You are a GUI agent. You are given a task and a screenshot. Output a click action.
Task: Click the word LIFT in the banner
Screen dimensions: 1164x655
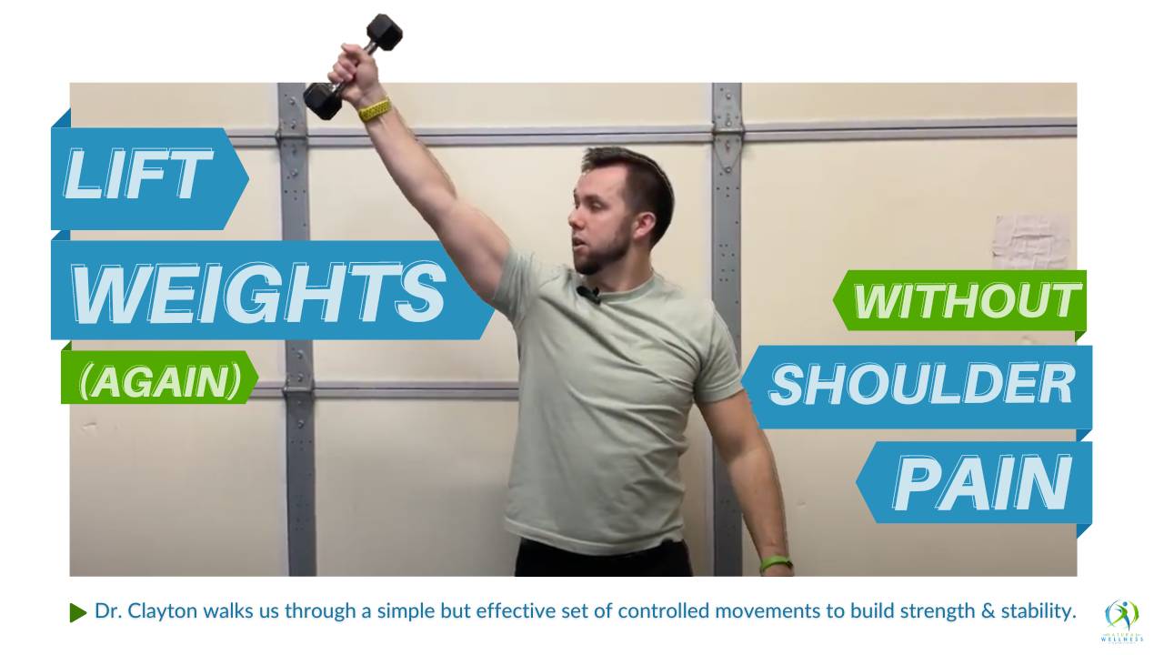[x=139, y=174]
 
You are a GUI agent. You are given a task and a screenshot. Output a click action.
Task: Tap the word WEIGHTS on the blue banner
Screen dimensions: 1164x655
[x=259, y=292]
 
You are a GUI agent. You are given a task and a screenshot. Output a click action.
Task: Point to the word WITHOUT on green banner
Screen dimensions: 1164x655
[x=967, y=301]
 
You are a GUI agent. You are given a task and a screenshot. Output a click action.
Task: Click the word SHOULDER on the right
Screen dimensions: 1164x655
[x=922, y=384]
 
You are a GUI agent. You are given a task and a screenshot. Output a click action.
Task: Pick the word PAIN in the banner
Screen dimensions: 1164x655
[x=982, y=483]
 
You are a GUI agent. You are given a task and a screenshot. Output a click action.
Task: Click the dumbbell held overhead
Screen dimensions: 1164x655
[x=353, y=66]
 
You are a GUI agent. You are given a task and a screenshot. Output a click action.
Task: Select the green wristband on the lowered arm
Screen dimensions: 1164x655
[x=776, y=563]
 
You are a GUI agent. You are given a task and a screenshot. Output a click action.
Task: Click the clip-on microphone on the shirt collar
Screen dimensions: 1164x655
[x=588, y=295]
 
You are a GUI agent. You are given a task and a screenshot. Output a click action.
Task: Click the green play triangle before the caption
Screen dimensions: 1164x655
[x=77, y=612]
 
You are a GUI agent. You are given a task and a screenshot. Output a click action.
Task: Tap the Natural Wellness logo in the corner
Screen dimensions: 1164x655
[x=1121, y=621]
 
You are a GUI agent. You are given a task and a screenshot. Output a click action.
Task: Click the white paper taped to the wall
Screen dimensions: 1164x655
[x=1030, y=242]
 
